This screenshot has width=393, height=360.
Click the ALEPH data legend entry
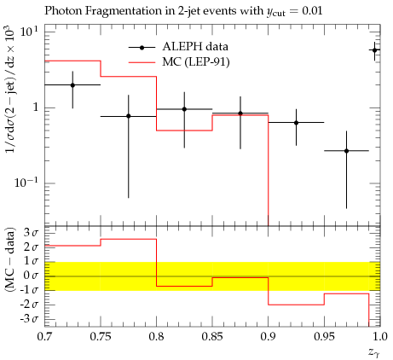(178, 47)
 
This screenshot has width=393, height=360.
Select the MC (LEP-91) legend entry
(179, 61)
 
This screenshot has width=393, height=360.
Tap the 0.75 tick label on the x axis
(101, 337)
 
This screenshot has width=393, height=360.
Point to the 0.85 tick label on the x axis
(212, 337)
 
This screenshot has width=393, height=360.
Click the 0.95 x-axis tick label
(324, 337)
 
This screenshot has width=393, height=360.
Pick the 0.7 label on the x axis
(44, 337)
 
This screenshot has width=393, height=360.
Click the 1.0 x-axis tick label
(379, 337)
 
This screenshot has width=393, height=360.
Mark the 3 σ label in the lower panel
(31, 233)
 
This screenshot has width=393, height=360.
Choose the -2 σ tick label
(29, 305)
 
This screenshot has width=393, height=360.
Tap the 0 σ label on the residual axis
(31, 276)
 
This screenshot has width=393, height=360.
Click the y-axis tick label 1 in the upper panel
(35, 107)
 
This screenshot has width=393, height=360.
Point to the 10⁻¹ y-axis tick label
(26, 182)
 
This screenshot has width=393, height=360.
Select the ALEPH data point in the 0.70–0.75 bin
(72, 85)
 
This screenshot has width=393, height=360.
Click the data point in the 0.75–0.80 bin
(129, 116)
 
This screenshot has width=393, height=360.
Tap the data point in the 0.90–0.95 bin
(296, 123)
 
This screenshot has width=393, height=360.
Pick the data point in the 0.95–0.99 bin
(346, 151)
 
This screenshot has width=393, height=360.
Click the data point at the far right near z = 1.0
(374, 50)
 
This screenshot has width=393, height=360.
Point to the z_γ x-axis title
(374, 352)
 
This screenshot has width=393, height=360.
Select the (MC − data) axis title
(10, 258)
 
